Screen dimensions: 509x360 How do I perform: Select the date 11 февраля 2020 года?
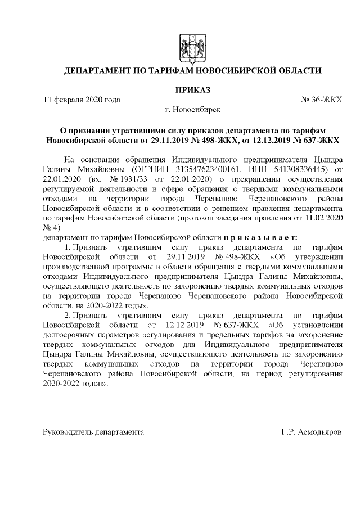tap(82, 100)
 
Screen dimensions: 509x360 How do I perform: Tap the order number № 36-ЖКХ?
tap(321, 100)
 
